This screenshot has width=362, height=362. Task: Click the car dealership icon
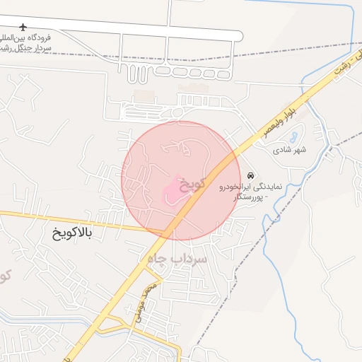pos(251,175)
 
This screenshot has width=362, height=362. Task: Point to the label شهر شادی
pos(291,151)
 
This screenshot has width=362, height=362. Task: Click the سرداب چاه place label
pos(176,259)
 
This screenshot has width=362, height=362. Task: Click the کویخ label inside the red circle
pos(192,183)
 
